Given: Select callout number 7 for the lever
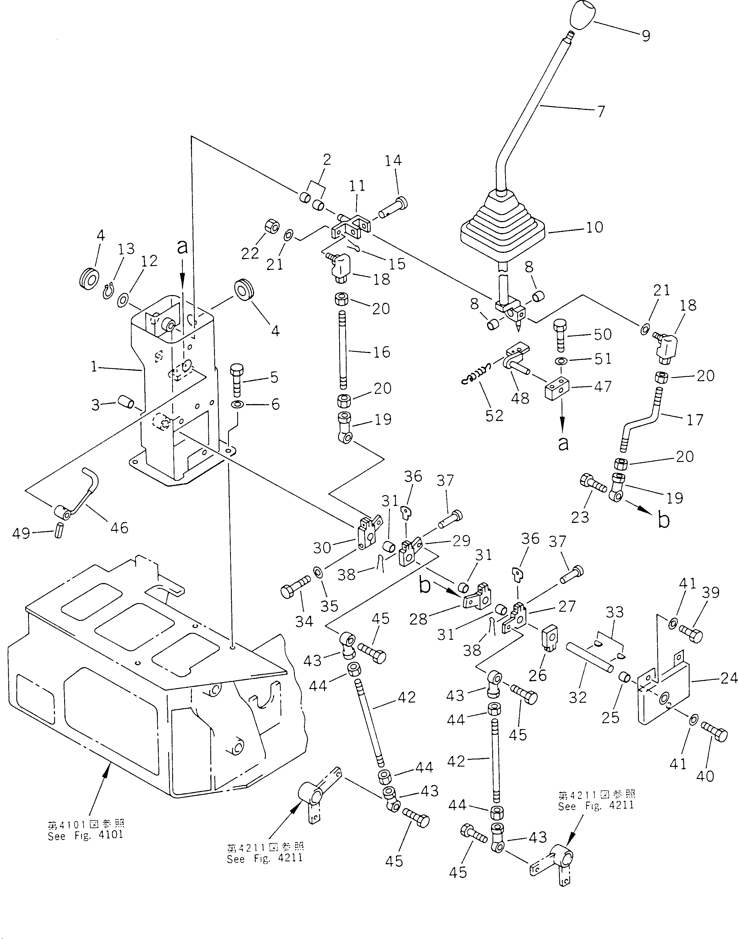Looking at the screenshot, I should pyautogui.click(x=601, y=111).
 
